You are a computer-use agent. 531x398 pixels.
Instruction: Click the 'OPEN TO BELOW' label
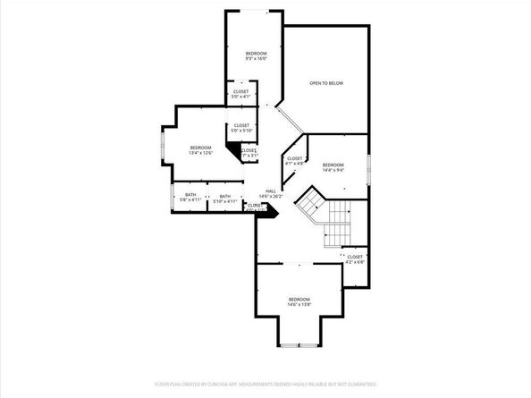[x=326, y=83]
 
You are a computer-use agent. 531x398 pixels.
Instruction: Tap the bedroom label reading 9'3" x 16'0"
[x=256, y=56]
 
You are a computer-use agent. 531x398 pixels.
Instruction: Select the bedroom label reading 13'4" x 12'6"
[x=200, y=149]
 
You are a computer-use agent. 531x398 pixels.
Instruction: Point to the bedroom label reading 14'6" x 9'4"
[x=333, y=166]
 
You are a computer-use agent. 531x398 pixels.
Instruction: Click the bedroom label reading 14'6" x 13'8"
[x=299, y=301]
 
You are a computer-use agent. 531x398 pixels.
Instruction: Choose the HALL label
[x=271, y=193]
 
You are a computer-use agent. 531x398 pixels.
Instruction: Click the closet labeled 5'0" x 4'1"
[x=241, y=93]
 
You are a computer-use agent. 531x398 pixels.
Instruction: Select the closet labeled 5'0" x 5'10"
[x=242, y=127]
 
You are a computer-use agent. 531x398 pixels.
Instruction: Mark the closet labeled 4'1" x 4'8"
[x=295, y=161]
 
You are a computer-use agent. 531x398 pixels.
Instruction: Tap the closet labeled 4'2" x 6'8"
[x=355, y=258]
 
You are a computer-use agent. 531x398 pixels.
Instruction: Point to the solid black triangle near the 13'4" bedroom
[x=233, y=153]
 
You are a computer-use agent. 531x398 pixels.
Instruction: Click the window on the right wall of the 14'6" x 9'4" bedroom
[x=368, y=169]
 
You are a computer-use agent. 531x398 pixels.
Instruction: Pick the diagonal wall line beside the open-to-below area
[x=291, y=122]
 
